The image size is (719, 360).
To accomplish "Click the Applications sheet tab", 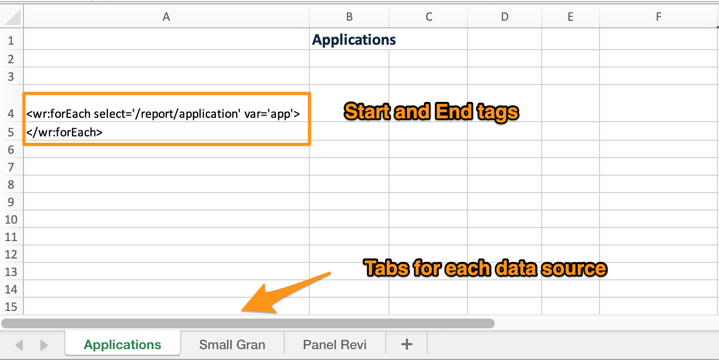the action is pyautogui.click(x=122, y=344).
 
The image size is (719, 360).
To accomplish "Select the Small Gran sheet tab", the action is pyautogui.click(x=232, y=345).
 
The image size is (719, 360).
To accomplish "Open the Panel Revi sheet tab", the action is pyautogui.click(x=334, y=345).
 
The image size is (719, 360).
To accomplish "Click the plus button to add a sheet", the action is pyautogui.click(x=406, y=344).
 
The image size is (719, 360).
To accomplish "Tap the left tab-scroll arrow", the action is pyautogui.click(x=19, y=345).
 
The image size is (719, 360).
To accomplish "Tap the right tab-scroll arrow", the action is pyautogui.click(x=44, y=345).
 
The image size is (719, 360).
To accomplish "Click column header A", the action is pyautogui.click(x=166, y=17).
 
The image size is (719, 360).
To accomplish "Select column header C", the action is pyautogui.click(x=429, y=17).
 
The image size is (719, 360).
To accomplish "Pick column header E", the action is pyautogui.click(x=571, y=17).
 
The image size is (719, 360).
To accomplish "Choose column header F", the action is pyautogui.click(x=658, y=17).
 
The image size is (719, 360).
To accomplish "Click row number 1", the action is pyautogui.click(x=11, y=41).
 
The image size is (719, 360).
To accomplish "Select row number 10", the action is pyautogui.click(x=11, y=219).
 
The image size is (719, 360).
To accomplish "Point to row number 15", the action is pyautogui.click(x=11, y=307).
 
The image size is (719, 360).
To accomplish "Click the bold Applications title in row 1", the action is pyautogui.click(x=353, y=40).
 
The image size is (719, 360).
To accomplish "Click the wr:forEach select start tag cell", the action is pyautogui.click(x=163, y=113).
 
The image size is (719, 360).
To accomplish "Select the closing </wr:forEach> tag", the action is pyautogui.click(x=64, y=132).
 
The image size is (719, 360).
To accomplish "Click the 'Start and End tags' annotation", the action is pyautogui.click(x=431, y=112).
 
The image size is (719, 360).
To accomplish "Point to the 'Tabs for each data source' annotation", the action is pyautogui.click(x=485, y=268).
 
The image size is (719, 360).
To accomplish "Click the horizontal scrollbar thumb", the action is pyautogui.click(x=248, y=323).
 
